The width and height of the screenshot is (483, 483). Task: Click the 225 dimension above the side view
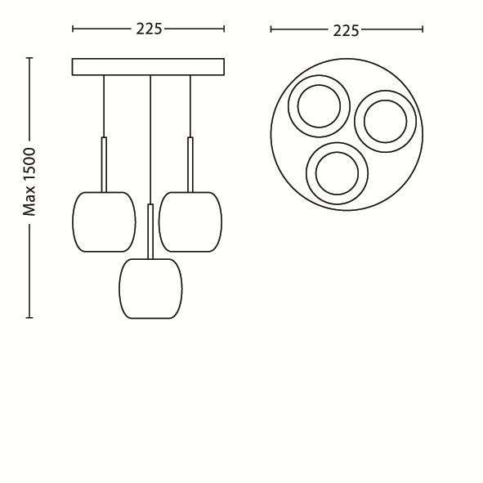(x=149, y=29)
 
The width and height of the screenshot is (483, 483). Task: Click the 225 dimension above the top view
(x=346, y=31)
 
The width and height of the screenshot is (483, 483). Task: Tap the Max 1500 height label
(x=30, y=182)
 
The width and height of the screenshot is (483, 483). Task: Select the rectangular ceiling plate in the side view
(x=148, y=67)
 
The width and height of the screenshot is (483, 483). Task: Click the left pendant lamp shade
(x=104, y=221)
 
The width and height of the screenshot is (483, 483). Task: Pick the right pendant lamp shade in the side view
(x=190, y=221)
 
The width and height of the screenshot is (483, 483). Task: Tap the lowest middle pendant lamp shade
(x=150, y=288)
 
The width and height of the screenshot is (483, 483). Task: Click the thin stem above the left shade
(x=104, y=164)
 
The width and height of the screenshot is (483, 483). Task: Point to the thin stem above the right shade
(x=190, y=164)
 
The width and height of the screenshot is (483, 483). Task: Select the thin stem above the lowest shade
(x=150, y=231)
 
